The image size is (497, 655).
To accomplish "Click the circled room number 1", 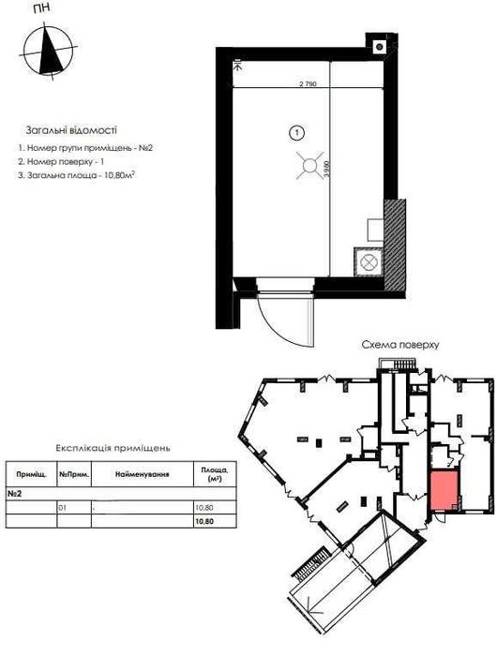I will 296,133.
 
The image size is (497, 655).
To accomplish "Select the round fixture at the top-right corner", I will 379,45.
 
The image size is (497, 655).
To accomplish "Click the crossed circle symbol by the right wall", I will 367,260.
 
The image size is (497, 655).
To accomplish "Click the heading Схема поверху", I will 399,345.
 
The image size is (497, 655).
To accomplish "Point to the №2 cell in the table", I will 15,492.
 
